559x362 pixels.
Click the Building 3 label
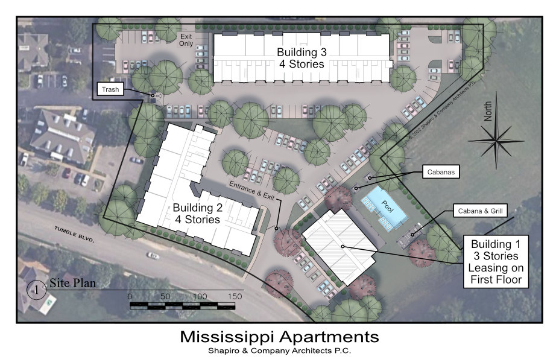point(302,58)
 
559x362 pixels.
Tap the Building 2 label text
point(198,213)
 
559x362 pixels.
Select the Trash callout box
point(110,89)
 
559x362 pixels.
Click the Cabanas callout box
point(441,172)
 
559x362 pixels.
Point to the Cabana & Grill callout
point(480,211)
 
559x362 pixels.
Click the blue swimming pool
point(385,208)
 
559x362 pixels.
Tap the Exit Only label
point(186,40)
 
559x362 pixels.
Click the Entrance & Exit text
point(251,191)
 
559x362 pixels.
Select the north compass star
point(496,140)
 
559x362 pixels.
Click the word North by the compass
point(488,111)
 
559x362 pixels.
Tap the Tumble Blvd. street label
point(74,234)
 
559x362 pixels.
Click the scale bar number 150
point(235,296)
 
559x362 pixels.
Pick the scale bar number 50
point(165,296)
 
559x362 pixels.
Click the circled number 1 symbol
point(36,290)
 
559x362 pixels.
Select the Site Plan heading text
point(73,283)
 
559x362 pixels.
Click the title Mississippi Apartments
point(279,337)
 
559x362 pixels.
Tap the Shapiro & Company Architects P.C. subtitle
point(280,351)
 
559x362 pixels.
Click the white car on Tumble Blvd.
point(153,255)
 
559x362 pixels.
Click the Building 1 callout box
point(496,261)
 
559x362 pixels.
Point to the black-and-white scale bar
point(182,306)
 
